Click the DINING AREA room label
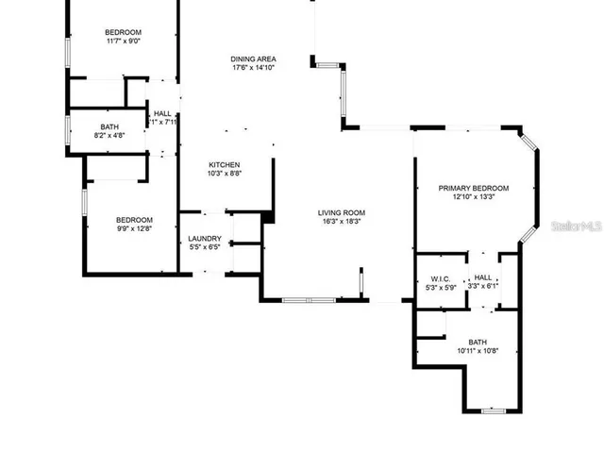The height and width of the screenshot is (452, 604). point(254,59)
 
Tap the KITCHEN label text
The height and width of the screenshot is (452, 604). point(225,164)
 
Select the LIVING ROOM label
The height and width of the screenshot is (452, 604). point(341,213)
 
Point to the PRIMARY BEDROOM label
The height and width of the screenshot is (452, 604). point(473,188)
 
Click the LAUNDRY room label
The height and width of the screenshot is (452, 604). point(205,239)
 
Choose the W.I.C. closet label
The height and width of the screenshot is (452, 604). point(440,279)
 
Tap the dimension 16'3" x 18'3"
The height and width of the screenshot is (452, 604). point(341,223)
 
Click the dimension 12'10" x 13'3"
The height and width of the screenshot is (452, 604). point(473,197)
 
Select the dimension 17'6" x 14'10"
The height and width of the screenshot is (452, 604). point(254,68)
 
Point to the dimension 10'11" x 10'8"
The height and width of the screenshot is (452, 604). point(478,351)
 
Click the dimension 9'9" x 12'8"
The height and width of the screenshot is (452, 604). point(133,227)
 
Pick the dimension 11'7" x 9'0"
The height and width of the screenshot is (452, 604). point(123,42)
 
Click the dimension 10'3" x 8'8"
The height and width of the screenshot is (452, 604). point(225,174)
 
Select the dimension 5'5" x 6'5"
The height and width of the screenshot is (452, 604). point(205,248)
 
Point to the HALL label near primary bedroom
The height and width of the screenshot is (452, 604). point(483,277)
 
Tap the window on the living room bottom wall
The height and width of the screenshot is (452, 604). point(309,300)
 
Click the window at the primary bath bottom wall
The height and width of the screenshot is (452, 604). point(494,410)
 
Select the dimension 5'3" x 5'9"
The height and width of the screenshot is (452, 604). point(440,288)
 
